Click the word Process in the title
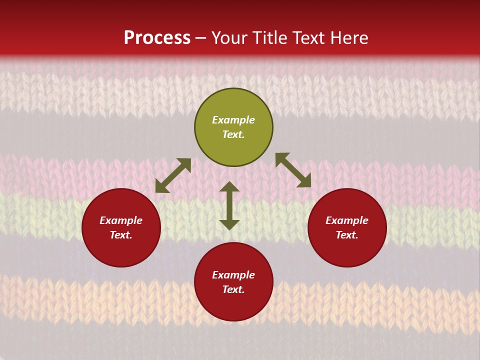point(157,38)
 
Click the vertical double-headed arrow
point(229,205)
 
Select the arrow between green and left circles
point(173,175)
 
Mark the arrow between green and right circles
point(293,170)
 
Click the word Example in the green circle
point(233,120)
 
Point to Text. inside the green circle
point(233,134)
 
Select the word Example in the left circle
point(121,220)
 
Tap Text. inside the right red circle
point(347,235)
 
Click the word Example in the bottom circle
point(233,275)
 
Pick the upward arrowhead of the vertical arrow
point(229,187)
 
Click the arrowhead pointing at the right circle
point(304,181)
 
